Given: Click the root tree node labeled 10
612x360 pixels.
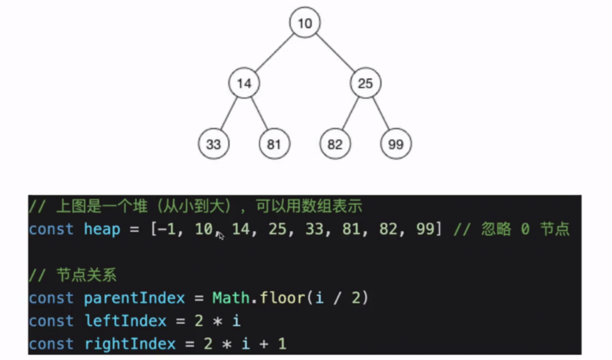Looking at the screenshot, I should coord(305,23).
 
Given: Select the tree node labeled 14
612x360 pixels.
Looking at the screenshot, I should coord(244,83).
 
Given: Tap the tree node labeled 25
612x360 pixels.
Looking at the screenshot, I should coord(365,83).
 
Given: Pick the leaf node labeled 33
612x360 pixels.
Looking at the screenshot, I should coord(213,144).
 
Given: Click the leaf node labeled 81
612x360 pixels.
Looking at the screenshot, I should coord(274,144).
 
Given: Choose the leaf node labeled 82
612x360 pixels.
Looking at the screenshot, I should coord(335,144).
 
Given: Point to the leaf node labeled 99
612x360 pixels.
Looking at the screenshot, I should coord(396,144).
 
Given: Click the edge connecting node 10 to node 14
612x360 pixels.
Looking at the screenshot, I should coord(274,53).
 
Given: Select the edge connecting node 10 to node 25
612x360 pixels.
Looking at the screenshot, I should coord(335,53).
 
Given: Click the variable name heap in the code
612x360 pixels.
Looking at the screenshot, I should coord(102,229).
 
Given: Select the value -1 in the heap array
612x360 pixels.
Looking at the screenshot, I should coord(166,229).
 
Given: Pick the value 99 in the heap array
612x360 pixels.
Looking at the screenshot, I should coord(425,229).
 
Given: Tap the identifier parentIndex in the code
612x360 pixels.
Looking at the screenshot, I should coord(134,298).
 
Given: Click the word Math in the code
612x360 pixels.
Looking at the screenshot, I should coord(231,298).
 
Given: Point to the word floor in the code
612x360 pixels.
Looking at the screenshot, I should coord(282,298).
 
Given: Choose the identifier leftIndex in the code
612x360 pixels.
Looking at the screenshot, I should coord(125,321).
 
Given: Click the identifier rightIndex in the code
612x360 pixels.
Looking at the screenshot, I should coord(130,344).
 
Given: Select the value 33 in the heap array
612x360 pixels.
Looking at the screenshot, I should coord(314,229).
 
